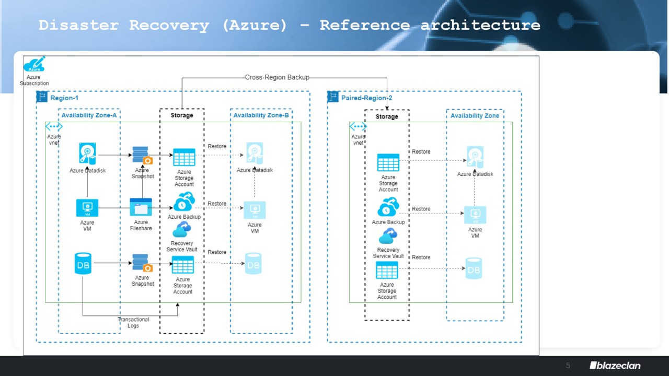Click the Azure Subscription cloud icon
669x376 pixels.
click(34, 65)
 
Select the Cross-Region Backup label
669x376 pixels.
click(277, 77)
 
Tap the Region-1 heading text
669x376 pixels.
click(64, 98)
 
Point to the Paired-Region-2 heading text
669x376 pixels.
click(366, 98)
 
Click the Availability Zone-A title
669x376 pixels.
click(89, 115)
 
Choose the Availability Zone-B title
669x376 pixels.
click(261, 115)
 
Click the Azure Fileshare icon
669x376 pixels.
click(141, 207)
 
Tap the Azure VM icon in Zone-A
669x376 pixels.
click(87, 208)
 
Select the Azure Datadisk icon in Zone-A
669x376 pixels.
click(87, 154)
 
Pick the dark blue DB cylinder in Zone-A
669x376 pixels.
click(83, 264)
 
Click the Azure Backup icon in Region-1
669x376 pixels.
click(184, 202)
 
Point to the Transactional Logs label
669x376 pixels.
click(133, 322)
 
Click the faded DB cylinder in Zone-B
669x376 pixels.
click(253, 264)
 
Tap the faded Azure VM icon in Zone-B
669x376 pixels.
click(255, 210)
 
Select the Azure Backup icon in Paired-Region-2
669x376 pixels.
click(388, 207)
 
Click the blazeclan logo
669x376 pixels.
click(615, 366)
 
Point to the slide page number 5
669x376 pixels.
click(568, 366)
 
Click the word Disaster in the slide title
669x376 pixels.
click(78, 25)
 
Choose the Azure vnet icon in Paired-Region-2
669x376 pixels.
click(358, 126)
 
